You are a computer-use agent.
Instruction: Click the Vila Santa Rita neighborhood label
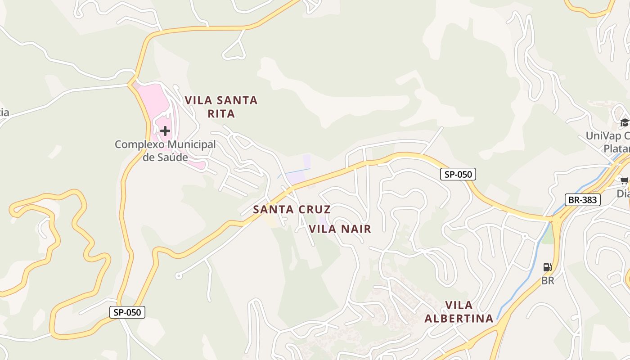pos(221,107)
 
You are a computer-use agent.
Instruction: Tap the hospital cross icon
pos(165,131)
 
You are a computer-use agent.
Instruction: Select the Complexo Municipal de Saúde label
pos(165,151)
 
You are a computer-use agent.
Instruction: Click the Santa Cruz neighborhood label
pos(292,209)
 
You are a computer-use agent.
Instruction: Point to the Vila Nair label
pos(340,229)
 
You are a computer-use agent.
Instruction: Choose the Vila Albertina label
pos(459,312)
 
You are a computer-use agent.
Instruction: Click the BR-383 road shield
pos(583,200)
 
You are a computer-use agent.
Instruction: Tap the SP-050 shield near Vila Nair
pos(458,175)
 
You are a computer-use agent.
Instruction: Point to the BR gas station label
pos(548,281)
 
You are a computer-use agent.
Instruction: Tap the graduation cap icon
pos(625,122)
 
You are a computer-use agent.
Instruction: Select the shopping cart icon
pos(625,181)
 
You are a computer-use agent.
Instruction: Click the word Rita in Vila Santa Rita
pos(221,114)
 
